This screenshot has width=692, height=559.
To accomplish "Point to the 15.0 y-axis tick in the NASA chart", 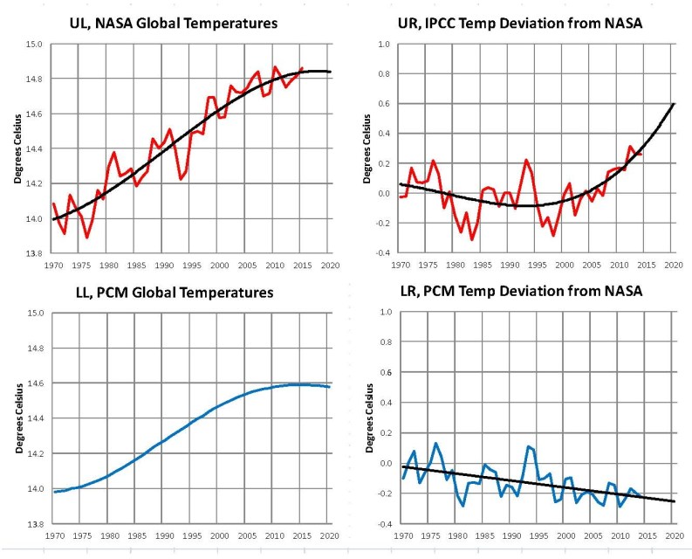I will click(x=32, y=44).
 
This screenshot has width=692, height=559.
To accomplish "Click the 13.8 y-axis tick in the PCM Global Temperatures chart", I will click(x=32, y=524).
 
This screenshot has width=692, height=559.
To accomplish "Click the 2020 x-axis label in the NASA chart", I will click(x=328, y=264).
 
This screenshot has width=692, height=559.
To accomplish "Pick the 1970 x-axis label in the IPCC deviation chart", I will click(x=401, y=264).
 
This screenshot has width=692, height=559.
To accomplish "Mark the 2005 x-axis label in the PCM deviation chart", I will click(x=592, y=535).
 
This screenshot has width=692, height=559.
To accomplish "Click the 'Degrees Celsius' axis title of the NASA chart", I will click(x=16, y=148).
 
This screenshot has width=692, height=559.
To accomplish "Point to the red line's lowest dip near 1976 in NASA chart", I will click(x=86, y=237).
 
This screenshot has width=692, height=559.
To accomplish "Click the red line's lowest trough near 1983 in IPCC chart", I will click(x=472, y=238).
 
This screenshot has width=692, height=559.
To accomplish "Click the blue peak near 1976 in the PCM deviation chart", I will click(x=435, y=444).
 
